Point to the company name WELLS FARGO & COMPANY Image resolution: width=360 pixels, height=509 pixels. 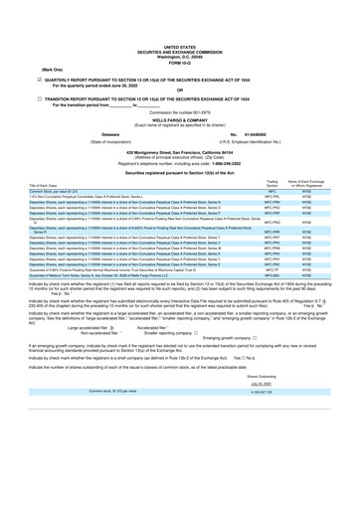(180, 120)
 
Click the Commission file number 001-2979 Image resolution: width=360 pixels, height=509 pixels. (180, 113)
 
